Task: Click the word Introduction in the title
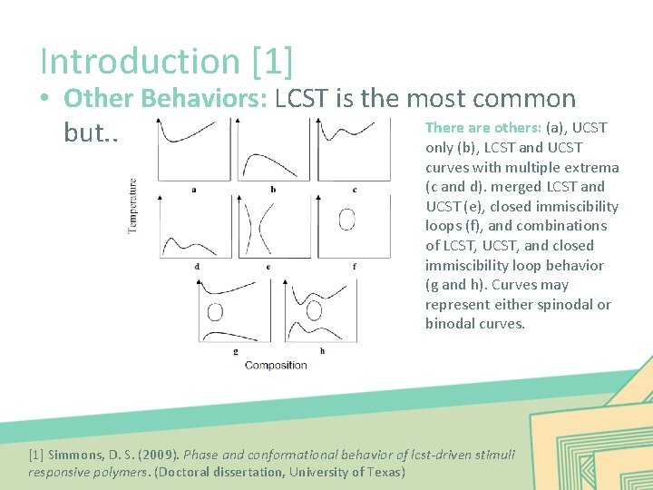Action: coord(139,62)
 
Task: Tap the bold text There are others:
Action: coord(482,128)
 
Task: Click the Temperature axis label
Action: coord(133,206)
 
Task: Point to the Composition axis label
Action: coord(276,365)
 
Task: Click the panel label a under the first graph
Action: coord(194,190)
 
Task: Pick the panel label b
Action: coord(273,190)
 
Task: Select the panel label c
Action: coord(354,190)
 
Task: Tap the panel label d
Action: coord(197,267)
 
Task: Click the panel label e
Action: coord(268,267)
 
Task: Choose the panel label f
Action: coord(354,267)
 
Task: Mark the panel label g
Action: coord(235,350)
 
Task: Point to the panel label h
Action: coord(322,350)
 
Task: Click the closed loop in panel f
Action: coord(346,220)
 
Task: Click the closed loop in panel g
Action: coord(215,312)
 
